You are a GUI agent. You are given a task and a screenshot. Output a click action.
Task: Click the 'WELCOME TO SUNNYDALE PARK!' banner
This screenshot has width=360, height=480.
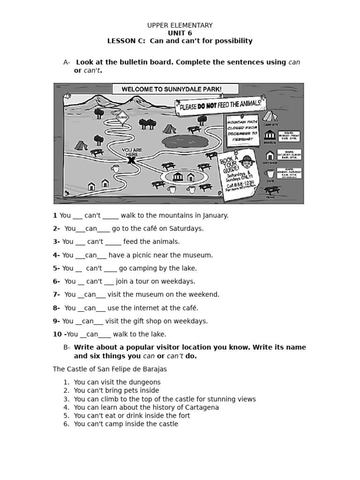(175, 89)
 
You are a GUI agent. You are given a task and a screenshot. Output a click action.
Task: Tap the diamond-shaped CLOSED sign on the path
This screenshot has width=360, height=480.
(123, 118)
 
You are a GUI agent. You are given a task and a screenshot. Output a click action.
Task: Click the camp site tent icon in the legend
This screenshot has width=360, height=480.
(270, 116)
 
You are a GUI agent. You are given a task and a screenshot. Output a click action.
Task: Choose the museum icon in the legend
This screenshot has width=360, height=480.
(270, 135)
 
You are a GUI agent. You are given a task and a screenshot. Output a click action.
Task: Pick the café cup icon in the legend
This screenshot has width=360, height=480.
(270, 173)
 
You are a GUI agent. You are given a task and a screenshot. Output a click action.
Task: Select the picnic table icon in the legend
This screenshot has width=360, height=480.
(271, 190)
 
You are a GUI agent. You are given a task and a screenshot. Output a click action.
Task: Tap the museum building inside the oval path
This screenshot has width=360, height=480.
(179, 176)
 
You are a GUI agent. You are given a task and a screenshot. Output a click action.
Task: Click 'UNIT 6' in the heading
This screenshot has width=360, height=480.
(180, 33)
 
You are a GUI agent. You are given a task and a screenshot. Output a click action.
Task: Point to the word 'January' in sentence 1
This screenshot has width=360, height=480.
(216, 216)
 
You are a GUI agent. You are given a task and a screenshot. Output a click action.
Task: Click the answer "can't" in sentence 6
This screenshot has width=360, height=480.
(94, 281)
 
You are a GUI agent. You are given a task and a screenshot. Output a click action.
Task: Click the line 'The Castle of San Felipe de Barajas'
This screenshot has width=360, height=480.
(110, 369)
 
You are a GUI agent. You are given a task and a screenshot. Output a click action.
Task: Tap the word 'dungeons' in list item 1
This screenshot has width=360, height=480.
(142, 382)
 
